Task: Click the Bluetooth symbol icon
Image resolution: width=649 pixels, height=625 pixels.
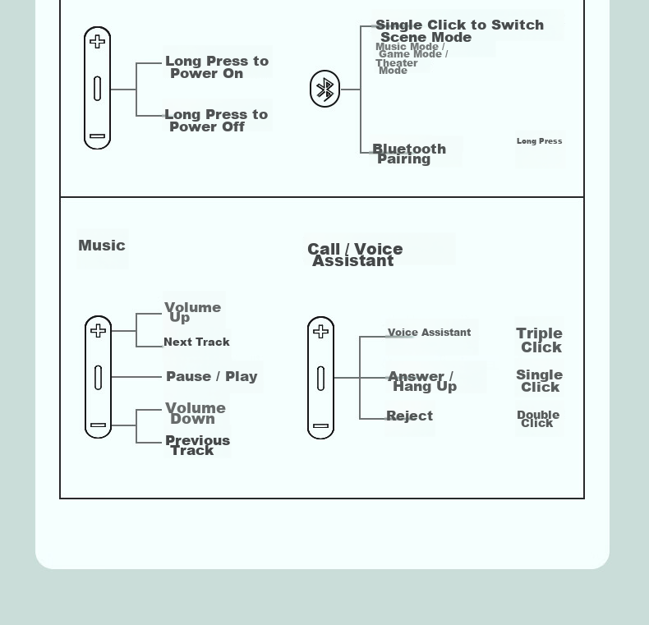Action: tap(325, 89)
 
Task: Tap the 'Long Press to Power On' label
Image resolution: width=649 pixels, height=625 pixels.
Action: tap(217, 67)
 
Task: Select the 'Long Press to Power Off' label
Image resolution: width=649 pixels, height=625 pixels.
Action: tap(216, 121)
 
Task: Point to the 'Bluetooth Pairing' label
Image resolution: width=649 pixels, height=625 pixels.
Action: tap(409, 154)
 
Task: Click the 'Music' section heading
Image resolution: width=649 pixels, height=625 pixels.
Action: tap(102, 246)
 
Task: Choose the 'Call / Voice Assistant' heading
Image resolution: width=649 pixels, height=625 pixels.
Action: tap(355, 255)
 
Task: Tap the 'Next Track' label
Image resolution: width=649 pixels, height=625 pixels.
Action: tap(196, 342)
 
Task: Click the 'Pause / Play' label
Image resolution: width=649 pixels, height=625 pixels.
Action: tap(212, 377)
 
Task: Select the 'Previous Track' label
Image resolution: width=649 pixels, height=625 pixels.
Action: tap(197, 445)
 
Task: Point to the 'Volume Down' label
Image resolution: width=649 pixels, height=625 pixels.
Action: tap(196, 413)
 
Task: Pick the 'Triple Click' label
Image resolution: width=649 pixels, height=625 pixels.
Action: tap(539, 340)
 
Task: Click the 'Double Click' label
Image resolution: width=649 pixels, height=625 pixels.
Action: tap(538, 419)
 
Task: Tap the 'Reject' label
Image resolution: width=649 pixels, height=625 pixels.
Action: tap(409, 416)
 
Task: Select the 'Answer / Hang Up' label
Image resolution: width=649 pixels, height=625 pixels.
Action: tap(422, 381)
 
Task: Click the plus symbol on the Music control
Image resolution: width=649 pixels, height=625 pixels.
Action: tap(98, 331)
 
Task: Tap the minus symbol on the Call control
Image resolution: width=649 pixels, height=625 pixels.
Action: tap(320, 425)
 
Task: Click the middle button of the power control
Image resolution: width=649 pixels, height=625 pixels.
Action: tap(97, 88)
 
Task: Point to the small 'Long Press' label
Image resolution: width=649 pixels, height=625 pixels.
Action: tap(539, 141)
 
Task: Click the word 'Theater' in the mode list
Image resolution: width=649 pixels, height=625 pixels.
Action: tap(397, 63)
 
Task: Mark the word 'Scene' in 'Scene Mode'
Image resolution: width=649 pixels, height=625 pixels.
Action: tap(398, 37)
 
